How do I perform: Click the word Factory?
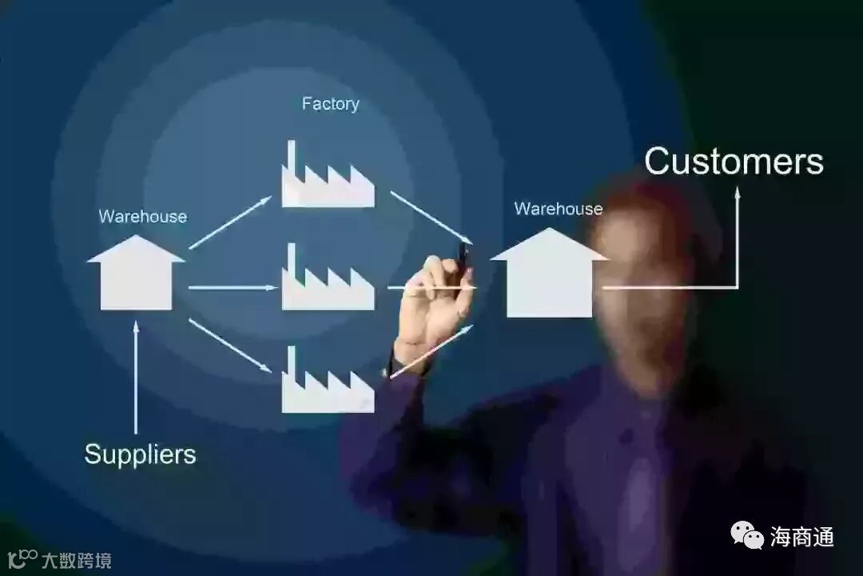pos(330,104)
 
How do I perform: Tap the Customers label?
pos(734,161)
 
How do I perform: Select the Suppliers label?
pos(140,454)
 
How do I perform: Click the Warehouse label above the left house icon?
pos(143,217)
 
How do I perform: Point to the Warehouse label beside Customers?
pos(559,209)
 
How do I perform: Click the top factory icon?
pos(327,179)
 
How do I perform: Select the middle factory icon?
pos(327,282)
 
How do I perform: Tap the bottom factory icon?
pos(327,385)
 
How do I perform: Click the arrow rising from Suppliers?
pos(136,376)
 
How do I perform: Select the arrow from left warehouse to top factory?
pos(230,222)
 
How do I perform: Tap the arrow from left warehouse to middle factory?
pos(232,286)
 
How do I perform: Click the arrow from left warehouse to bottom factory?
pos(230,346)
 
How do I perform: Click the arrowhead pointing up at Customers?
pos(737,193)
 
